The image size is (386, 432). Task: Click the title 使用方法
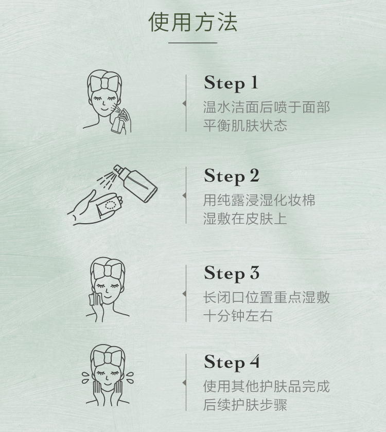click(192, 22)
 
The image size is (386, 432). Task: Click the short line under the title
click(192, 43)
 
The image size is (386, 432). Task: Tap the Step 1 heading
click(231, 83)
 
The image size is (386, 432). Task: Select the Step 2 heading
click(232, 176)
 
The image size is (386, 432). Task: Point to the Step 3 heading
click(232, 274)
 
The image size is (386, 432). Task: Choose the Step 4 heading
click(232, 363)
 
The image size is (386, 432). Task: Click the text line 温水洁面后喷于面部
click(267, 107)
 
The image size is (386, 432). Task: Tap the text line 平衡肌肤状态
click(245, 125)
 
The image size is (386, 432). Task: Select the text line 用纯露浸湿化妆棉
click(259, 200)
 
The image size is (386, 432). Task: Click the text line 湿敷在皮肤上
click(245, 219)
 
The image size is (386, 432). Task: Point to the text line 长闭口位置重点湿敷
click(267, 298)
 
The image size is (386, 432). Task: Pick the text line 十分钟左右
click(238, 316)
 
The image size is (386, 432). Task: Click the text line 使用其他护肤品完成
click(267, 386)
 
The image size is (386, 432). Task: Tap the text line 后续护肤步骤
click(245, 405)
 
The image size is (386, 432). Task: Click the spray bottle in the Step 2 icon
click(136, 182)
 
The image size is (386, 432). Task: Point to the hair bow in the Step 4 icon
click(107, 358)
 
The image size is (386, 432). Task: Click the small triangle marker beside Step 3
click(184, 294)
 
